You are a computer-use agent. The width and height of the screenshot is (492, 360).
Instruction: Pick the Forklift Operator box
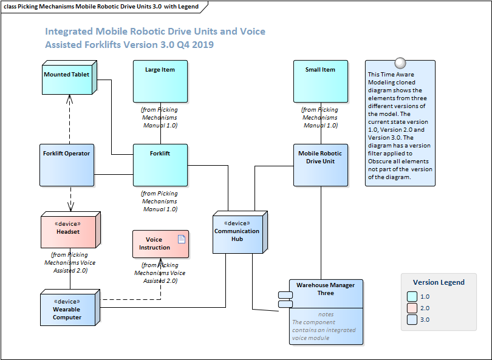click(x=67, y=165)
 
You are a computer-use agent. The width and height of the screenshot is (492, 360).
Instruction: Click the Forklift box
click(x=160, y=165)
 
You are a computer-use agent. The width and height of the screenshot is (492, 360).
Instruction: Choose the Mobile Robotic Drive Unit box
click(x=320, y=165)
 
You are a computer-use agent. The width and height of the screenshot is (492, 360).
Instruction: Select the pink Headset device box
click(x=68, y=230)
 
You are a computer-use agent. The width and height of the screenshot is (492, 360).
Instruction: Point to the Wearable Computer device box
click(x=67, y=310)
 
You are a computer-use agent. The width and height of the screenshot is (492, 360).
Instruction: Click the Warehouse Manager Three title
click(x=326, y=289)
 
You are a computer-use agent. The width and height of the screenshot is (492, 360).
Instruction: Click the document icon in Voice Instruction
click(x=181, y=239)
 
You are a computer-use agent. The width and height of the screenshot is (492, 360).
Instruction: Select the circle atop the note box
click(x=400, y=63)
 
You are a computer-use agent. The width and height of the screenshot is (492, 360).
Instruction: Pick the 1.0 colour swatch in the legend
click(x=412, y=297)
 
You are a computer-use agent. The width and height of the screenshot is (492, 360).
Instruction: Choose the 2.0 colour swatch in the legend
click(x=412, y=308)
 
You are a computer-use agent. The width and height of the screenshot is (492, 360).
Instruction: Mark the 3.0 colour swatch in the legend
click(x=412, y=319)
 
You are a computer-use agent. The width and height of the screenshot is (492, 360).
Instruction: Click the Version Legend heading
click(x=439, y=282)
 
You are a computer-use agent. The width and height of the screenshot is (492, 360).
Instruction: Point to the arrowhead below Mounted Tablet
click(x=71, y=98)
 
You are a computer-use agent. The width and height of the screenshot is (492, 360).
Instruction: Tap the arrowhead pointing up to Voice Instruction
click(x=160, y=262)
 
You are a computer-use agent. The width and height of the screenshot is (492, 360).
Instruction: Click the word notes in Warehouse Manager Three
click(x=326, y=314)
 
